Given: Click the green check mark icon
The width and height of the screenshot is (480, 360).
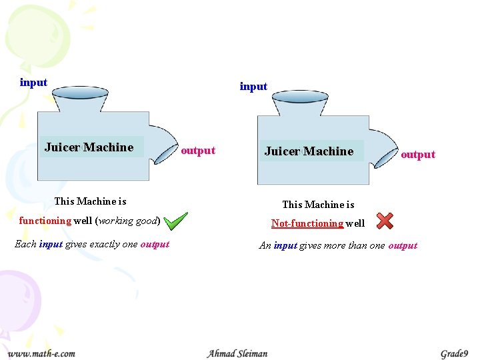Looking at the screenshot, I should coord(176,221).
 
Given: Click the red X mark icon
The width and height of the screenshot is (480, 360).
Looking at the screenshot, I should coord(385,221).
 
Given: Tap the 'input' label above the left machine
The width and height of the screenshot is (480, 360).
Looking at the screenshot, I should coord(33,83).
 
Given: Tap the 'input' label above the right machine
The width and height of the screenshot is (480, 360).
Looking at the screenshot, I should coord(253,86).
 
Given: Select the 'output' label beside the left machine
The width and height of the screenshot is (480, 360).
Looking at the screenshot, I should coord(198,151).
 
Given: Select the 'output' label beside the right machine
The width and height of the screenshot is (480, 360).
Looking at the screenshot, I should coord(418,155).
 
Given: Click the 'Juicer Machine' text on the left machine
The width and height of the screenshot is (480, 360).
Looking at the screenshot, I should coord(89,147).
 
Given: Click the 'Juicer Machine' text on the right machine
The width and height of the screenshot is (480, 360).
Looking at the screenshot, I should coord(309,151).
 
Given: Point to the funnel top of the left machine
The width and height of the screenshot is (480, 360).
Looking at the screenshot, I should coord(80,93).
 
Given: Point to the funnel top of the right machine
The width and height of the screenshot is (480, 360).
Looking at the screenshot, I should coord(299,97).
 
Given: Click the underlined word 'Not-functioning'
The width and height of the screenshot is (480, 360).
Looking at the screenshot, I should coord(307,224).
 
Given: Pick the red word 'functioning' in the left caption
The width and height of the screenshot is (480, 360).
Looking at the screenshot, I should coord(45,221).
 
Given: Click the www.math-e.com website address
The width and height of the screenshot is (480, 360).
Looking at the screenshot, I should coord(41,353).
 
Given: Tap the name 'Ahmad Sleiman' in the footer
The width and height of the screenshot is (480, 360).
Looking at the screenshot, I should coord(237,353).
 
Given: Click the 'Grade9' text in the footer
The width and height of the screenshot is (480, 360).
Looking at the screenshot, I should coord(454,353).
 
